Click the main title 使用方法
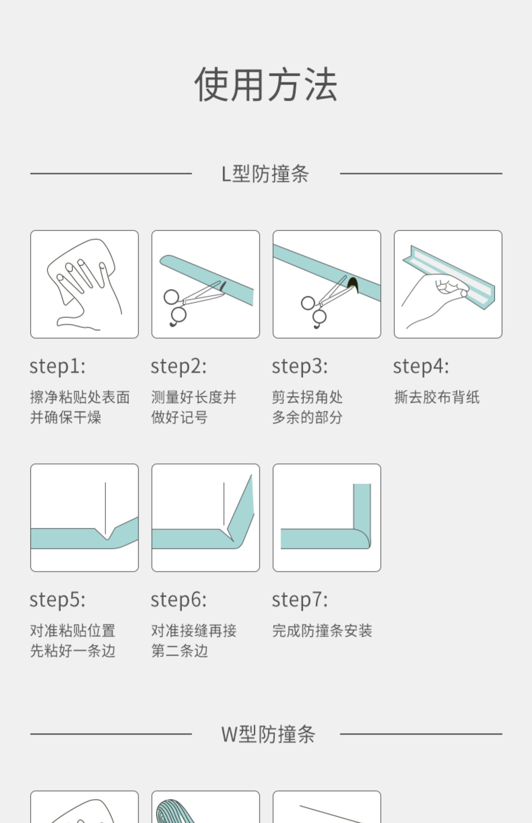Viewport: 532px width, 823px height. (x=266, y=84)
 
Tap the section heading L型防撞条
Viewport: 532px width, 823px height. (x=265, y=174)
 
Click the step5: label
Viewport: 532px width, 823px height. (x=57, y=600)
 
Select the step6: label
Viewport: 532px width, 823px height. (x=179, y=600)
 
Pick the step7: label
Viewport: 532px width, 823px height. (x=300, y=600)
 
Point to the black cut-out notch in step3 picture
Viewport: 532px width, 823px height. (x=353, y=285)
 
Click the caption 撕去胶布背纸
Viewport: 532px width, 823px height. (x=437, y=397)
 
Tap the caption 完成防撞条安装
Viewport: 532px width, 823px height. (x=322, y=631)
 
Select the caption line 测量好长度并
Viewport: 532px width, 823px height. (x=194, y=397)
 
